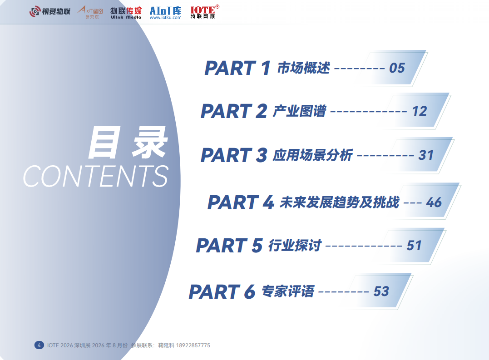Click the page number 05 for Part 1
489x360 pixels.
397,68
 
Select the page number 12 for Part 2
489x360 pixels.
420,111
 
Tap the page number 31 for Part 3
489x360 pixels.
426,155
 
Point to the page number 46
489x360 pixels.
434,202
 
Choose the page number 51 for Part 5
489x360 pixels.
414,246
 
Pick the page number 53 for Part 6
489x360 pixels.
381,291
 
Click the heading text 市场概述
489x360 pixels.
303,68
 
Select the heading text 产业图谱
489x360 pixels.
300,111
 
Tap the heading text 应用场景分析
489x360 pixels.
313,155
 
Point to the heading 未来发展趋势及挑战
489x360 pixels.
339,202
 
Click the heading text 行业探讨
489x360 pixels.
295,246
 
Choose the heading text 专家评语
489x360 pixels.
288,291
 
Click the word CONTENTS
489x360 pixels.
96,176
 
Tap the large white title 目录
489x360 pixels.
128,143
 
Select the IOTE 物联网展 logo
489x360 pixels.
205,12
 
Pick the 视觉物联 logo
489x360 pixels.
50,11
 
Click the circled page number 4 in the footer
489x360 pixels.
39,345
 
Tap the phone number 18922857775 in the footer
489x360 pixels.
193,345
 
